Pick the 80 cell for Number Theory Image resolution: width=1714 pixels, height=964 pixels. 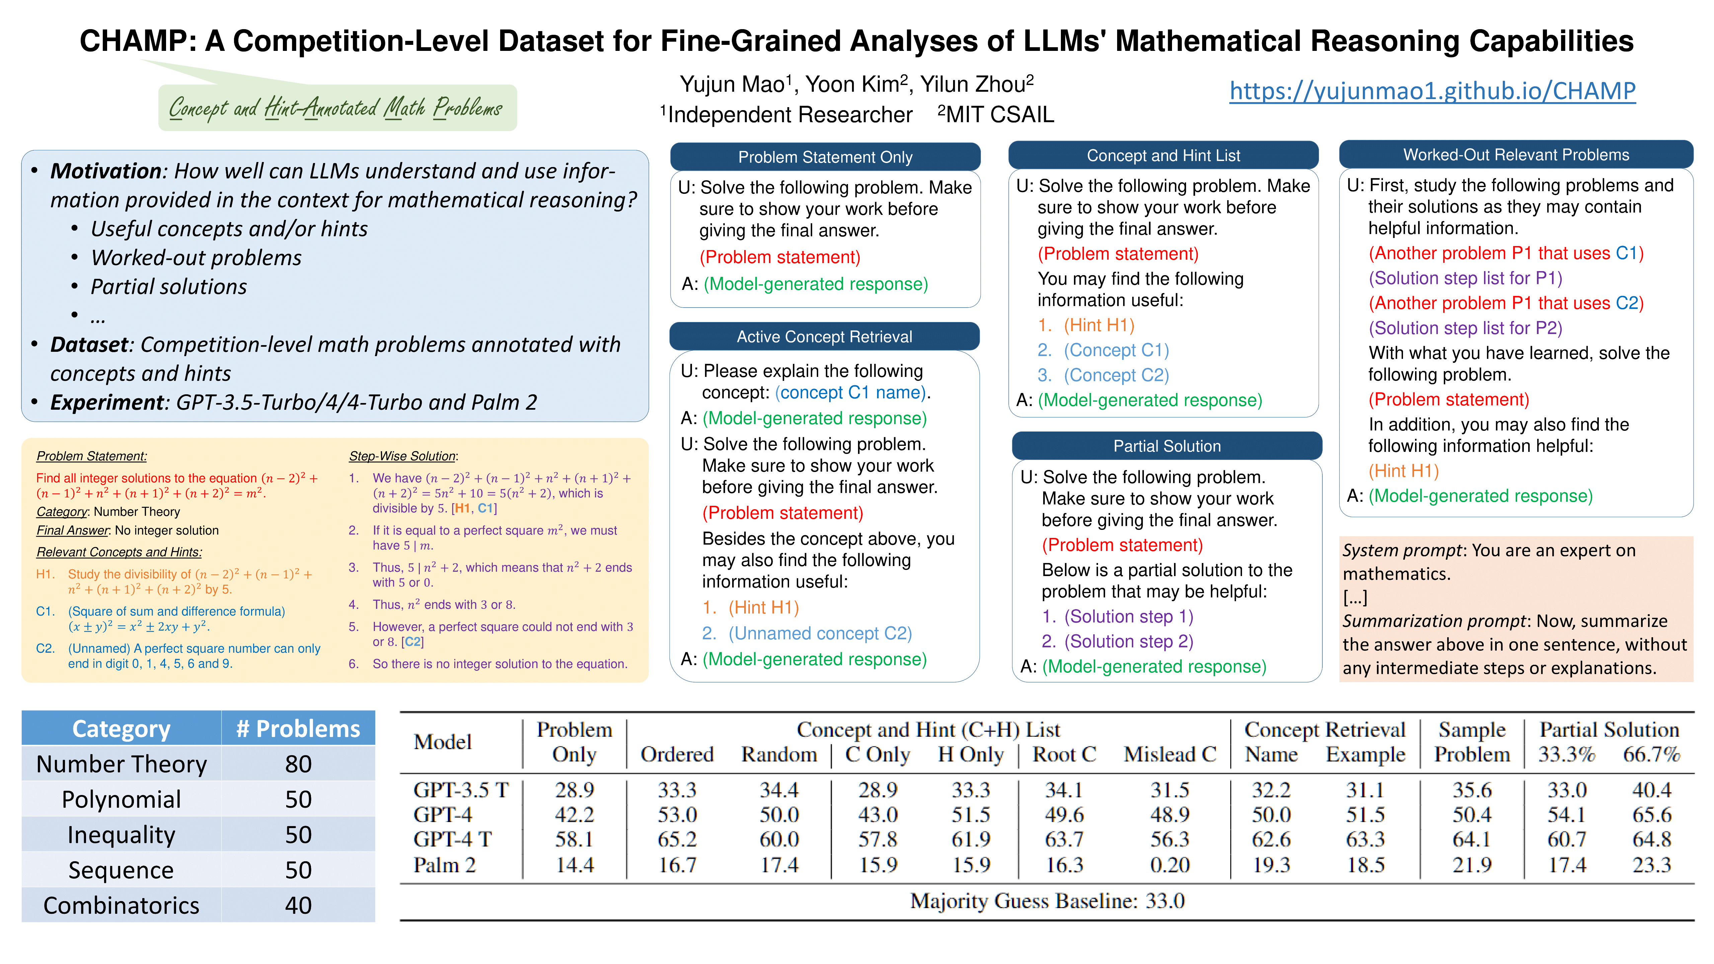pos(298,764)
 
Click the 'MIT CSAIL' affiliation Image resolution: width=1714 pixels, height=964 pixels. pos(999,114)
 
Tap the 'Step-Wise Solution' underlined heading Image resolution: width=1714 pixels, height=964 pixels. pos(402,456)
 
